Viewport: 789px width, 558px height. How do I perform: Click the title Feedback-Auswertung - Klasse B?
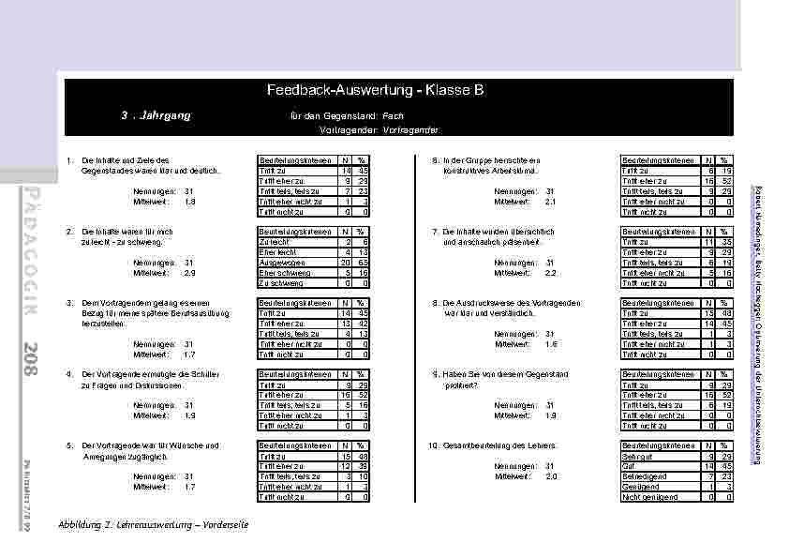[375, 91]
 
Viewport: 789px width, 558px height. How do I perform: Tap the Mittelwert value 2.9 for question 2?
[190, 272]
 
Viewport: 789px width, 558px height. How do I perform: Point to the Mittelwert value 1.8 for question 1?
[190, 201]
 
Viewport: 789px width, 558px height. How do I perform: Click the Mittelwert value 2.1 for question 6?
[551, 201]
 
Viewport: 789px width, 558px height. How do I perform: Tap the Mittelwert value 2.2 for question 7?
[551, 272]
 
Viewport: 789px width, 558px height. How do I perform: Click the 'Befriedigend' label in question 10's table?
[642, 475]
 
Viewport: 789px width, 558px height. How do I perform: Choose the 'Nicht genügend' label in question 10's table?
[646, 497]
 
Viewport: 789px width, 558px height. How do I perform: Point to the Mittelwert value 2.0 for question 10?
[551, 475]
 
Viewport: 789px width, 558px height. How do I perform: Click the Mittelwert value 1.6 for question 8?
[551, 343]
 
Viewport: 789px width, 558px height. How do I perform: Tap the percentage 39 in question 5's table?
[361, 465]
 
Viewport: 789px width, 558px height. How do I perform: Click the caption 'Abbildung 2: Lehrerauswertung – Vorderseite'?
[153, 524]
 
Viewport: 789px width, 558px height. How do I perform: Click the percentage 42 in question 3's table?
[361, 323]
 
